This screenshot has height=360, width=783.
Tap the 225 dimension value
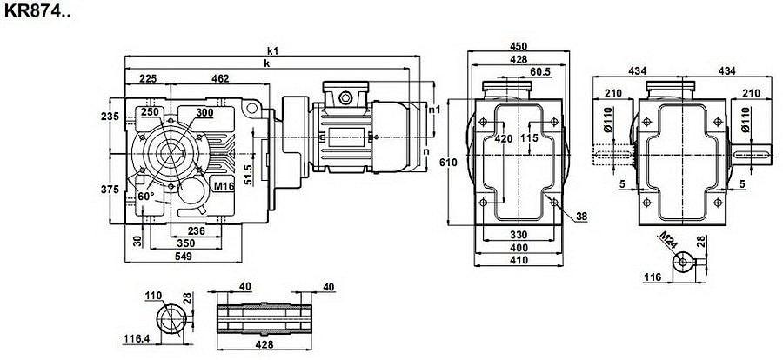(x=148, y=79)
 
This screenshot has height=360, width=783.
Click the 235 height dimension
(x=109, y=117)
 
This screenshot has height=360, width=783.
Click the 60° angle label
(x=146, y=197)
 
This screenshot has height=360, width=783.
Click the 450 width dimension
(x=518, y=47)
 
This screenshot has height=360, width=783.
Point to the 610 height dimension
(x=446, y=162)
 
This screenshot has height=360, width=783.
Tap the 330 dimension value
(x=519, y=235)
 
